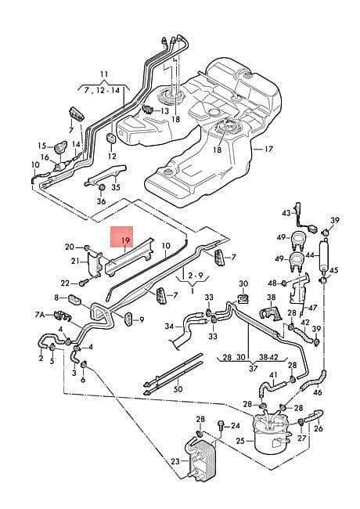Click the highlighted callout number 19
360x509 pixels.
[125, 241]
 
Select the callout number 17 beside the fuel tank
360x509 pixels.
[269, 150]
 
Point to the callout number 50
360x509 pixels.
[178, 389]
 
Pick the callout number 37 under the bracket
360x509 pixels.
[254, 369]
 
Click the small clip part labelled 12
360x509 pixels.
[111, 138]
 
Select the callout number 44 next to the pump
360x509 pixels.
[311, 256]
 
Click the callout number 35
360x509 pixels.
[116, 187]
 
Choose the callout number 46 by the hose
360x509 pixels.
[318, 392]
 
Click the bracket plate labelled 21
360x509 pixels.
[94, 265]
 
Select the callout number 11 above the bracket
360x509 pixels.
[104, 74]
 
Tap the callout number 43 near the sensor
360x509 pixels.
[286, 213]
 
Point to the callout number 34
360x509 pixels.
[169, 327]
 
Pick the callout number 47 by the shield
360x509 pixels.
[312, 307]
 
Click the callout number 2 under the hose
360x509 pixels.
[41, 358]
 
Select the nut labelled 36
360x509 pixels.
[102, 187]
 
